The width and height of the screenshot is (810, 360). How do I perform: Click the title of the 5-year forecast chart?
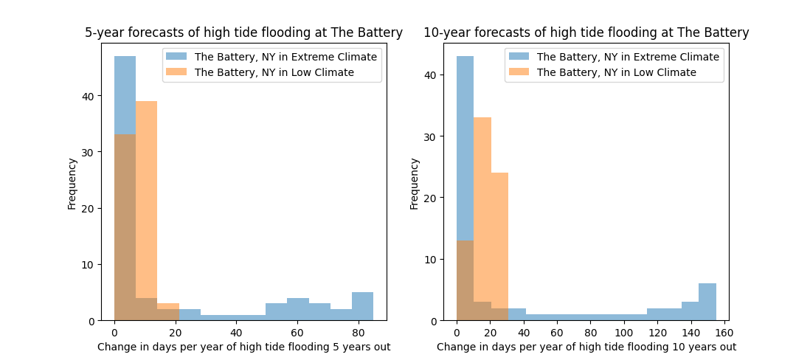(x=243, y=32)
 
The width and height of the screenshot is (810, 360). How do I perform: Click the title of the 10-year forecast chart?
(x=586, y=32)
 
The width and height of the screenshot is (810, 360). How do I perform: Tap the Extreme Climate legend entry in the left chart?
(x=285, y=57)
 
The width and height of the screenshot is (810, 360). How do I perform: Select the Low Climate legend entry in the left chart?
(x=274, y=72)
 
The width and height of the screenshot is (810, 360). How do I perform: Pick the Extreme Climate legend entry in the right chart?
(x=628, y=57)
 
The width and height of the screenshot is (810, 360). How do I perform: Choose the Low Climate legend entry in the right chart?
(x=616, y=72)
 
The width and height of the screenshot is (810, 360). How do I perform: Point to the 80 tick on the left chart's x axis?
(x=359, y=330)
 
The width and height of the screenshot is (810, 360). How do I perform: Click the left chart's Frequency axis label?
(x=72, y=182)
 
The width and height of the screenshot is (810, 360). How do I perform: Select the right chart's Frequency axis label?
(x=414, y=182)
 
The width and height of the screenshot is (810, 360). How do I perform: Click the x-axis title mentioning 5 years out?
(x=243, y=347)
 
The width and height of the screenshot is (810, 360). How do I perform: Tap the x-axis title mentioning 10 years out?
(x=586, y=347)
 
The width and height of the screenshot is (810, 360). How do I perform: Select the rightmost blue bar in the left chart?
(x=362, y=307)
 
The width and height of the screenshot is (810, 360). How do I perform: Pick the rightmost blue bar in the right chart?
(x=707, y=302)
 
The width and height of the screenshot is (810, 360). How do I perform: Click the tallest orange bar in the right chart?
(x=482, y=221)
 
